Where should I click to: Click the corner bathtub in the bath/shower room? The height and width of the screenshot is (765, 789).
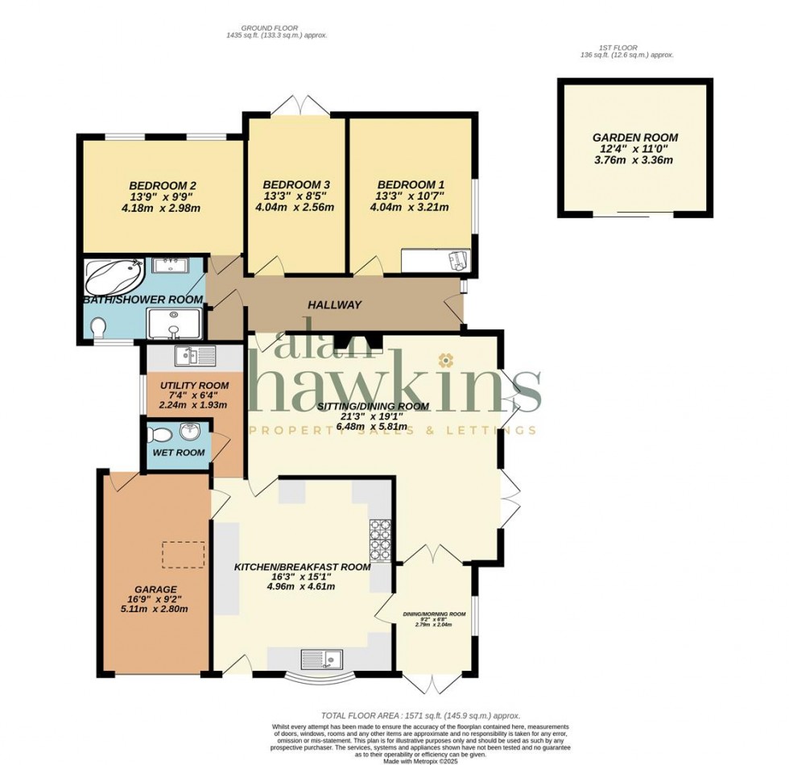click(x=114, y=277)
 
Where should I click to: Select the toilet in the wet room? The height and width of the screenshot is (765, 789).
click(x=160, y=436)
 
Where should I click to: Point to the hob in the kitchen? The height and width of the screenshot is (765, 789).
click(x=379, y=540)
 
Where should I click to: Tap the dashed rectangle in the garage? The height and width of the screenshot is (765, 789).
click(x=183, y=554)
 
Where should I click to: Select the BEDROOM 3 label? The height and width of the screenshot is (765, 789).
click(x=295, y=184)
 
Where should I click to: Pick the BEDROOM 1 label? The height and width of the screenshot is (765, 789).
click(x=411, y=184)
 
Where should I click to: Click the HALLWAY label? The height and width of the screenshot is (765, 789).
click(x=334, y=304)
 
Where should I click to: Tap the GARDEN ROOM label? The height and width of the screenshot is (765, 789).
click(x=634, y=138)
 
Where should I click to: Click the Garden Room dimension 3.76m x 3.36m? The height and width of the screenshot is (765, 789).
click(x=634, y=160)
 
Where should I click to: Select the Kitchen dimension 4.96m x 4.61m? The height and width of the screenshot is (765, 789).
click(x=303, y=586)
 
